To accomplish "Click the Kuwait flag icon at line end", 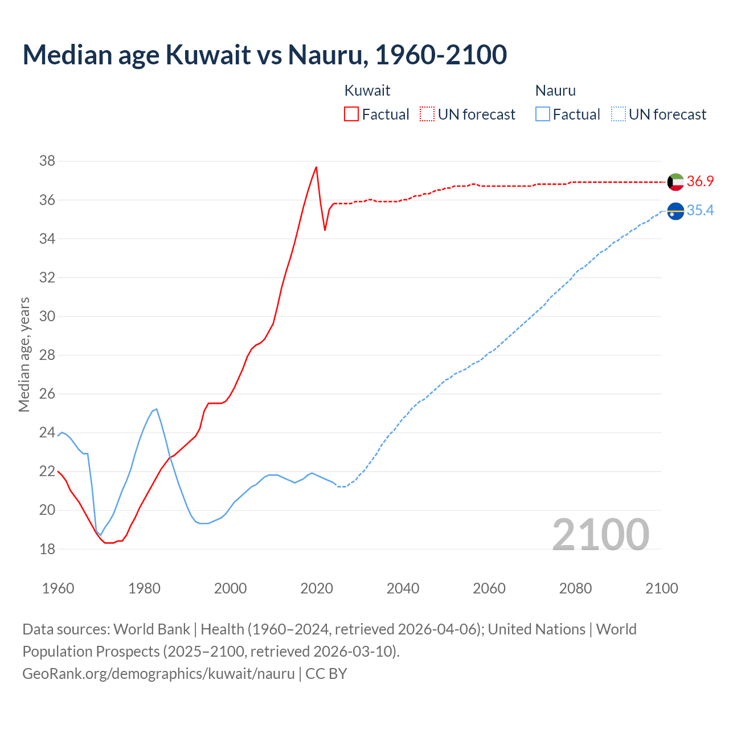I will point(675,182).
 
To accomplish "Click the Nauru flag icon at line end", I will point(675,211).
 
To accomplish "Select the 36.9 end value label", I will point(700,181).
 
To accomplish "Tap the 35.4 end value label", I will point(700,211).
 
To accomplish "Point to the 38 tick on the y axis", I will point(47,161).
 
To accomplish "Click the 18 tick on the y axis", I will point(47,549).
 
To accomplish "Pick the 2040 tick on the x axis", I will point(403,588).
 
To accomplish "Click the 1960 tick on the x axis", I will point(58,588).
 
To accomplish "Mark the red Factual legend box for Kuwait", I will point(351,114).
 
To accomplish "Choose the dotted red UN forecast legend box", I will point(427,114).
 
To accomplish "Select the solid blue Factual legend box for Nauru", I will point(543,114).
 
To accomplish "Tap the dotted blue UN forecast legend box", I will point(619,114).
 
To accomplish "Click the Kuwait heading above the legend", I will point(367,91).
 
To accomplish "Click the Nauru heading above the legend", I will point(555,91).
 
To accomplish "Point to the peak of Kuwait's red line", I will point(316,167).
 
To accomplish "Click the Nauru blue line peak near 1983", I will point(156,409).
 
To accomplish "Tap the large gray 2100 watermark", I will point(601,534).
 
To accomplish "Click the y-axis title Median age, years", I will point(24,354).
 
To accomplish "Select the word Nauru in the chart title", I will point(325,55).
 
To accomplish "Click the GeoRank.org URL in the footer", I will point(158,673).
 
